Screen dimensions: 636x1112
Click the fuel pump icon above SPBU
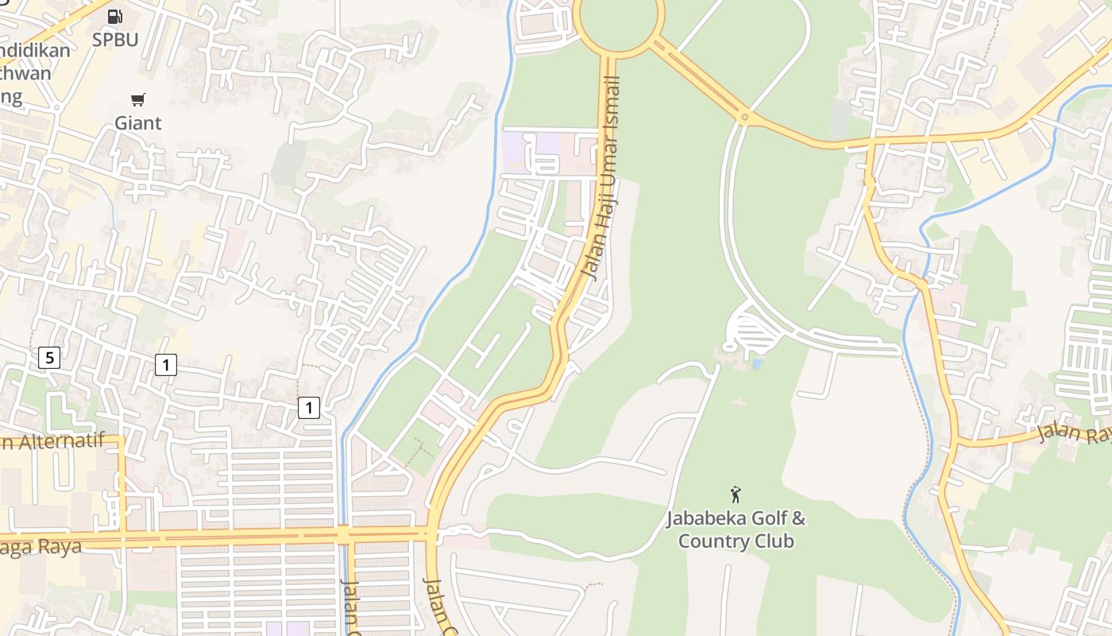click(115, 16)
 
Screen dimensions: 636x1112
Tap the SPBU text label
click(115, 40)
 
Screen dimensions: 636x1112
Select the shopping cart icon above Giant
click(138, 99)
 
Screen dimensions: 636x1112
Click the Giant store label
click(138, 123)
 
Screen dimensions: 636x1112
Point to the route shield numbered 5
click(49, 358)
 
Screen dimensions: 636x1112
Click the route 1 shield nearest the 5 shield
click(165, 365)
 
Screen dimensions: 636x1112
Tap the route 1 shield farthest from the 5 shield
click(309, 409)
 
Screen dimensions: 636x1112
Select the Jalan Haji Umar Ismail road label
click(600, 176)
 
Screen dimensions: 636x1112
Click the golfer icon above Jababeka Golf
click(736, 494)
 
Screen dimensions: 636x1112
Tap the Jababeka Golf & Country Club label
click(736, 530)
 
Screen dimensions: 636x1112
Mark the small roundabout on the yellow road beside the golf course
click(744, 118)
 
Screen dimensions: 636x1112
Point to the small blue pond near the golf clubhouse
click(756, 365)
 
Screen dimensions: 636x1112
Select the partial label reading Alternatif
click(52, 442)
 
